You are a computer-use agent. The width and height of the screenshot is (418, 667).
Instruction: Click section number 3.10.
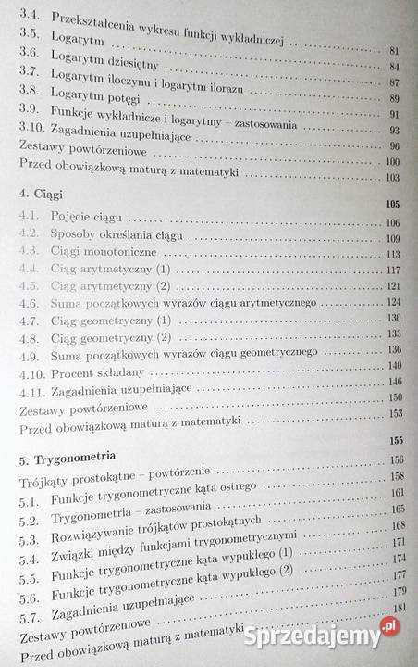click(x=30, y=132)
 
